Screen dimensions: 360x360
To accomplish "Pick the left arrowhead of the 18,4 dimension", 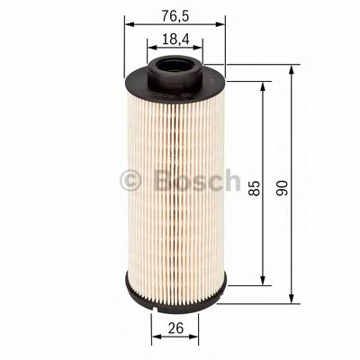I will click(x=150, y=50).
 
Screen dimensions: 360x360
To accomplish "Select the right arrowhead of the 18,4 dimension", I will click(x=197, y=50).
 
